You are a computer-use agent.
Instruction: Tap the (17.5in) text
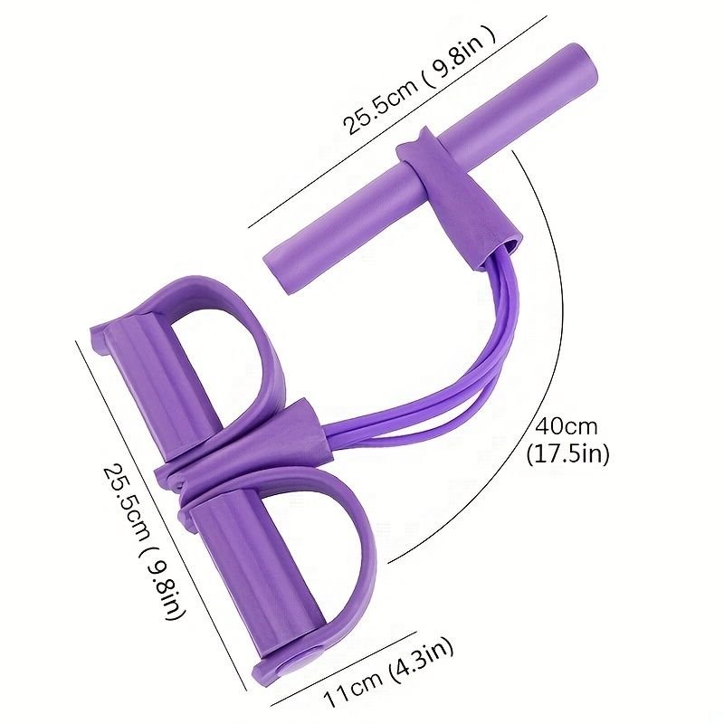(x=568, y=454)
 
